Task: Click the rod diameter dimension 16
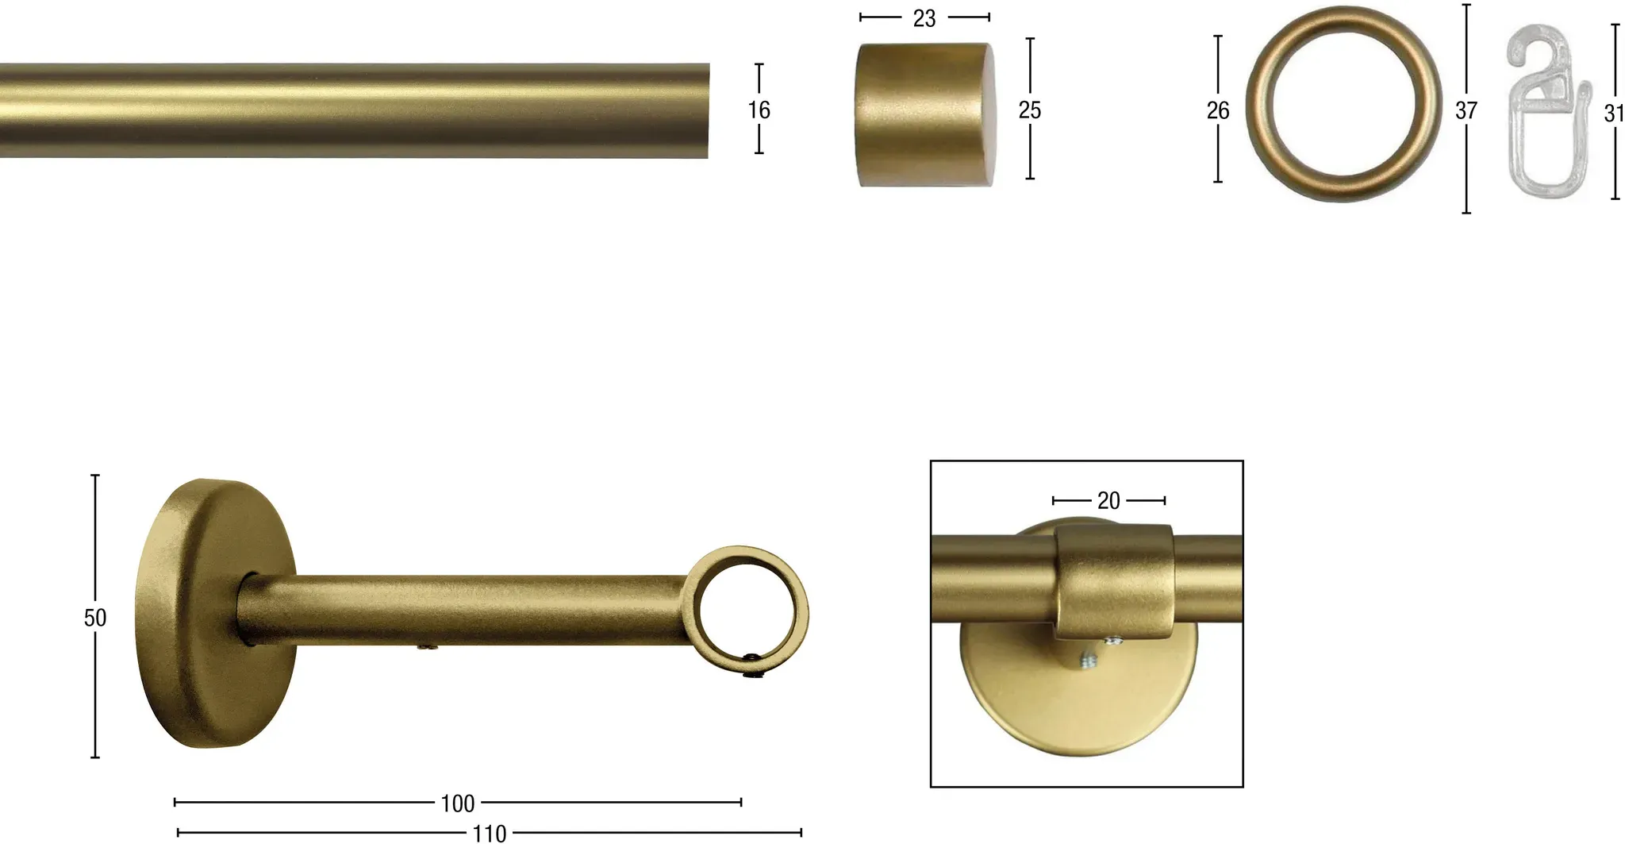pyautogui.click(x=759, y=110)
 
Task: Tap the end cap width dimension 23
pyautogui.click(x=924, y=18)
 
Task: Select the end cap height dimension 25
pyautogui.click(x=1030, y=110)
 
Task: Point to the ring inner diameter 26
pyautogui.click(x=1218, y=110)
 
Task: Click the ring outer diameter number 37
pyautogui.click(x=1466, y=110)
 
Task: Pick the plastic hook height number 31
pyautogui.click(x=1614, y=114)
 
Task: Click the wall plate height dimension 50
pyautogui.click(x=95, y=618)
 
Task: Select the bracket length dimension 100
pyautogui.click(x=458, y=804)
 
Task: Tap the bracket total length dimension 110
pyautogui.click(x=490, y=833)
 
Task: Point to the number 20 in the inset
pyautogui.click(x=1108, y=500)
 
